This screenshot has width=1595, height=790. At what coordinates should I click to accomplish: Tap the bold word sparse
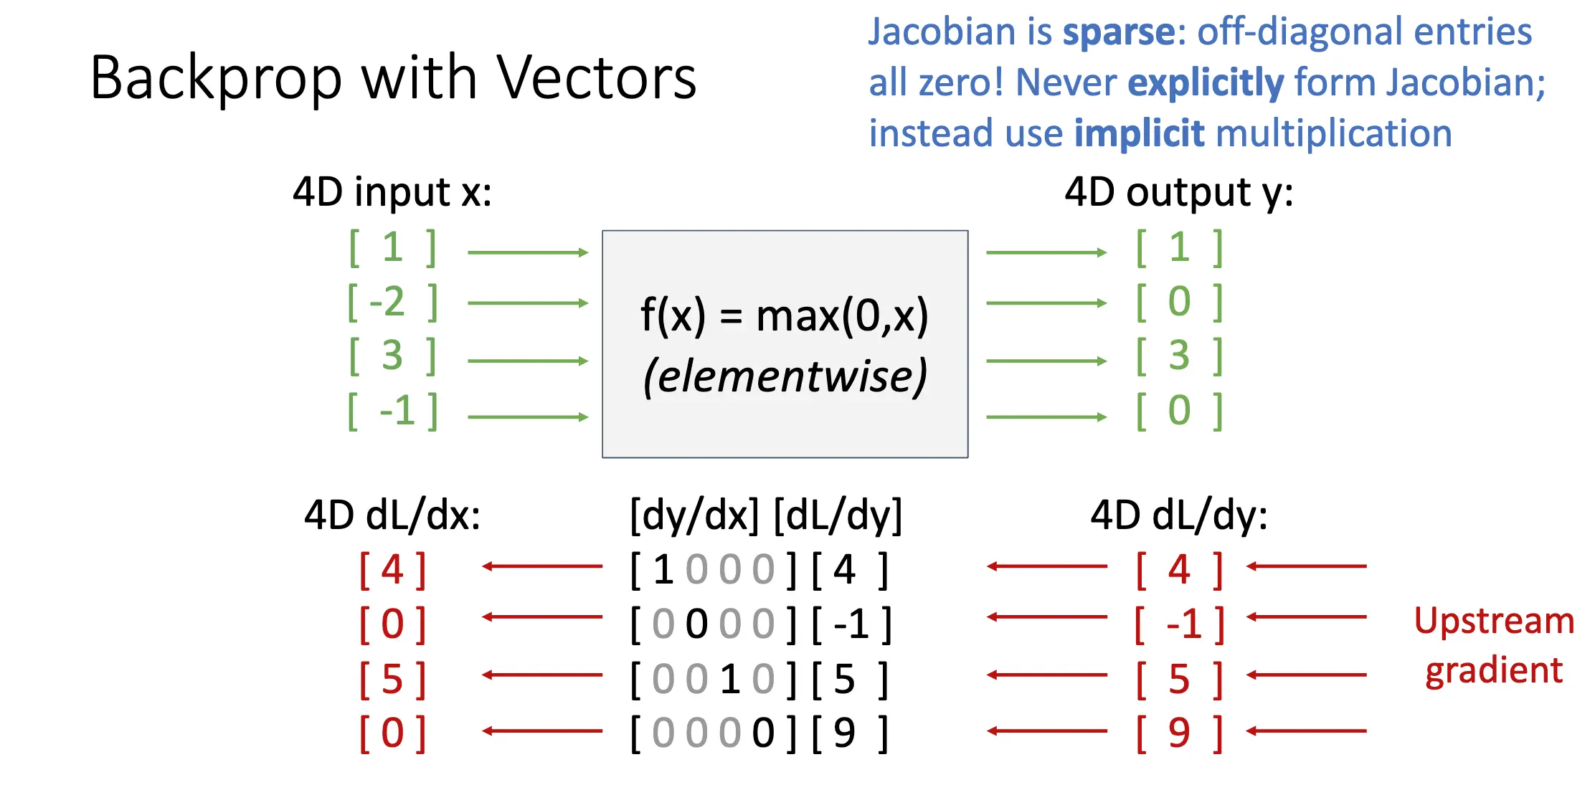point(1119,32)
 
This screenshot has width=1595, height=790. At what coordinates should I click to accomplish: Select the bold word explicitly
point(1206,83)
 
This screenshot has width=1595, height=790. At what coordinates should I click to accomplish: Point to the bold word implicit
point(1139,134)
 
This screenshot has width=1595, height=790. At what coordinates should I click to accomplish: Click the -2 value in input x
point(388,302)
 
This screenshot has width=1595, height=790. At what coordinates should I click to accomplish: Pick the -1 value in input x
point(397,411)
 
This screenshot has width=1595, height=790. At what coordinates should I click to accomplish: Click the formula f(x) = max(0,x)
point(785,315)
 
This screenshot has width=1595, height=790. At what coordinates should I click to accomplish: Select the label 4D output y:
point(1178,192)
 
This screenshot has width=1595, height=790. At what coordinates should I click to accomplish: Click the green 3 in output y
point(1179,356)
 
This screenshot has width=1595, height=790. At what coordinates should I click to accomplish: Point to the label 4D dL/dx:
point(392,515)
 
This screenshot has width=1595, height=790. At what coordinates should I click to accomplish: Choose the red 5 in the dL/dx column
point(392,679)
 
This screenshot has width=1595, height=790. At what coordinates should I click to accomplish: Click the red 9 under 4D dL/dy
point(1179,733)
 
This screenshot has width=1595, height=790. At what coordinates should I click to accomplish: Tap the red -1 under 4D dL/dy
point(1184,624)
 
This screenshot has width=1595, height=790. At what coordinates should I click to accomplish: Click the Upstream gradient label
point(1494,645)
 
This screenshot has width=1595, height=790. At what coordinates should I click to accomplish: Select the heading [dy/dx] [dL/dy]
point(765,515)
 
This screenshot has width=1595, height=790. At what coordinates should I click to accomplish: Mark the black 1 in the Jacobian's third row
point(730,679)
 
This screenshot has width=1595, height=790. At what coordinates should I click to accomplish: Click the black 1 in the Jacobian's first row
point(663,570)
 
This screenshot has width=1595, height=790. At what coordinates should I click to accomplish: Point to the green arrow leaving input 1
point(527,252)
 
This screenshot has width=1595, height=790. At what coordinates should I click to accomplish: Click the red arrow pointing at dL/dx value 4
point(542,566)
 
